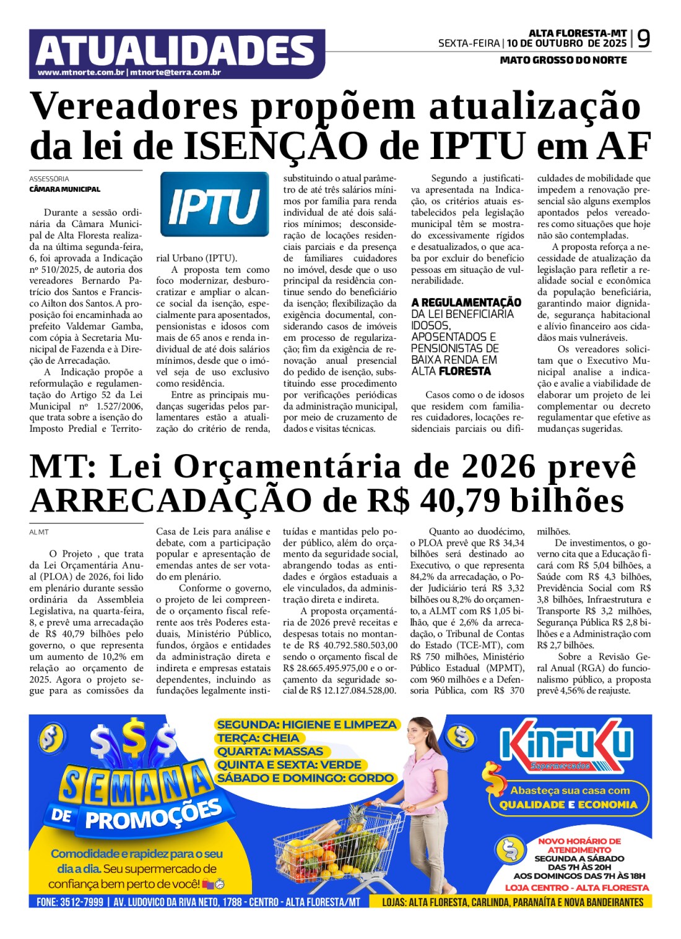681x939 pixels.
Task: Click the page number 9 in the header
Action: click(643, 39)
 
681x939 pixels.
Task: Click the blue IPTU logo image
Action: click(214, 205)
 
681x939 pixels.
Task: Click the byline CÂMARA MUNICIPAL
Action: click(64, 189)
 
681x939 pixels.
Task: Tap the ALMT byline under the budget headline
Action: click(39, 532)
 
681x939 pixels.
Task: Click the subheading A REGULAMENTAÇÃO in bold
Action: click(466, 302)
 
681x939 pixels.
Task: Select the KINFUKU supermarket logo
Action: click(566, 747)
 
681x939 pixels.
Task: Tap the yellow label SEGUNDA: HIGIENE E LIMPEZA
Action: click(306, 724)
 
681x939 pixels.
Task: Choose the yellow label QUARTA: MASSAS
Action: click(270, 752)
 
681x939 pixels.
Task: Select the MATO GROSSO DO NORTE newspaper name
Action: click(563, 60)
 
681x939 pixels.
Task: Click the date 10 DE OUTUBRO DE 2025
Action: click(566, 43)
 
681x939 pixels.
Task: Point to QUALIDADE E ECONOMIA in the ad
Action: click(568, 805)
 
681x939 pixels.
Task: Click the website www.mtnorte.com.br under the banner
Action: click(81, 73)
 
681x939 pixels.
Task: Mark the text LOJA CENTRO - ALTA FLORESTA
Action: click(577, 887)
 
